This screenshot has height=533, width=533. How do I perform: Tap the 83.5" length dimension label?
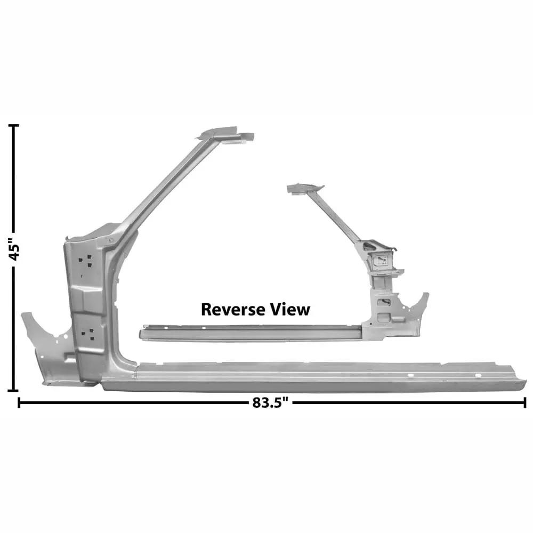(x=270, y=403)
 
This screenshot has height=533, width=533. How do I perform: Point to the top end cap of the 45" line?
(x=14, y=125)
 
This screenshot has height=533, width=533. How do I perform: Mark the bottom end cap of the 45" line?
(x=14, y=391)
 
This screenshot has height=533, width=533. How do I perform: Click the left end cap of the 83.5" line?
(x=19, y=403)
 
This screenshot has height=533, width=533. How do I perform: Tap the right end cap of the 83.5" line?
(x=525, y=403)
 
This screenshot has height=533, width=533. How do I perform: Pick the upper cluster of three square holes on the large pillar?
(x=85, y=261)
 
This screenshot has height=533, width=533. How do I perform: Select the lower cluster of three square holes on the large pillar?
(x=88, y=334)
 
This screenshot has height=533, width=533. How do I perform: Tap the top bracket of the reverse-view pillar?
(x=305, y=189)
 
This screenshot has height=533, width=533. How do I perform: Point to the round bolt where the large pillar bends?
(x=111, y=240)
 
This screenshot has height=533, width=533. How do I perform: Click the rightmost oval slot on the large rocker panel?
(x=478, y=375)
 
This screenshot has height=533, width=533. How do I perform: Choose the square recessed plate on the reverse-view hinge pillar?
(x=381, y=261)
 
